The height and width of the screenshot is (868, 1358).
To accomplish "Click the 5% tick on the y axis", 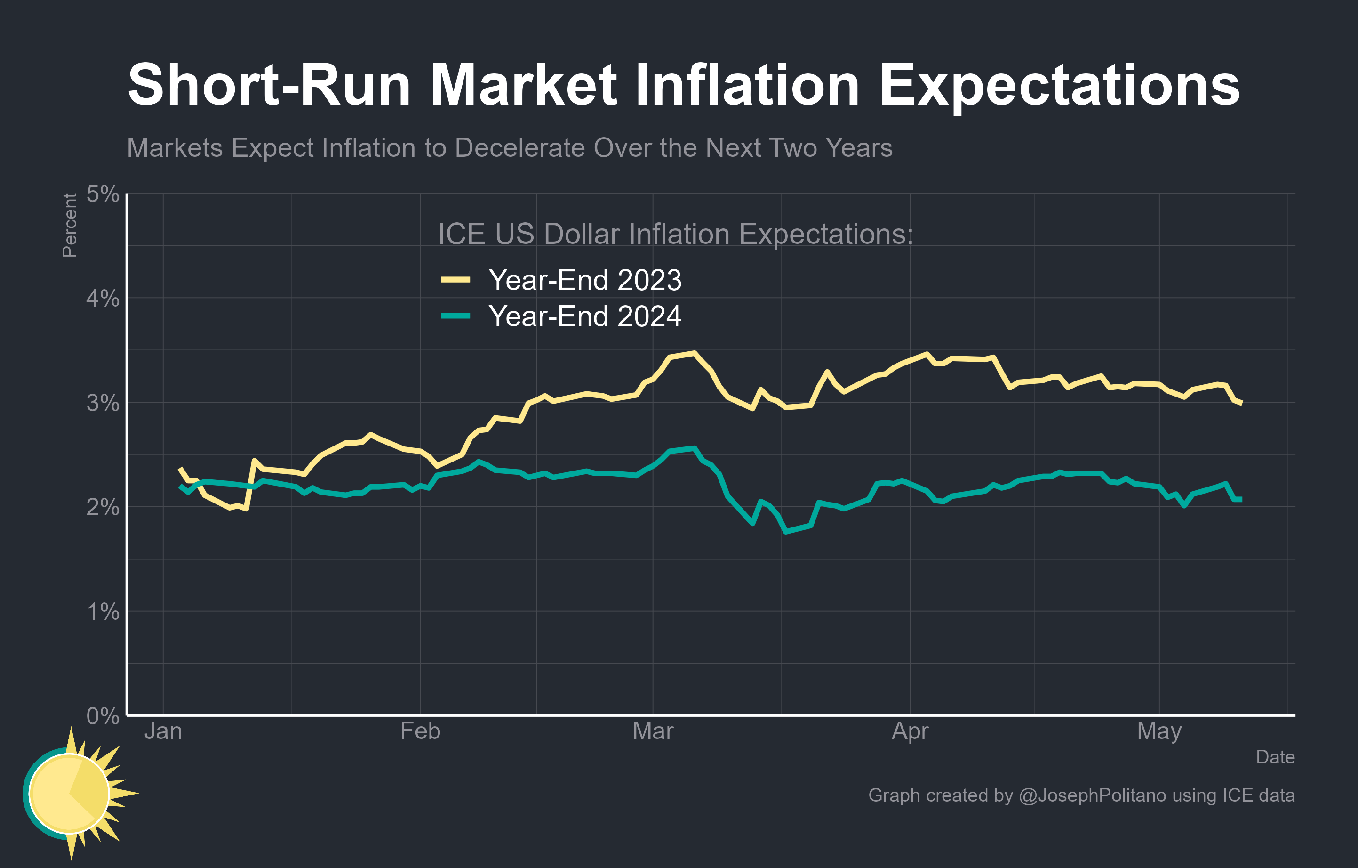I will coord(103,194).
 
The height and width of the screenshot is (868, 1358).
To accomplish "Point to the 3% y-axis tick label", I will coord(103,403).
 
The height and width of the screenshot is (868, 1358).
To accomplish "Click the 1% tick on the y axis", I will coord(103,612).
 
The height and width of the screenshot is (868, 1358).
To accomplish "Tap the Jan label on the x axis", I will coord(163,731).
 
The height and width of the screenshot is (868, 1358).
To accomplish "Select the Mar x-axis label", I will coord(653,731).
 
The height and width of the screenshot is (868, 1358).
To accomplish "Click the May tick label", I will coord(1159,731).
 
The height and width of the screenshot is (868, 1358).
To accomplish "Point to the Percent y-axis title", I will coord(69,225).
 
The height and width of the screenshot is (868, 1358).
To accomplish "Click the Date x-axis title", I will coord(1275,757).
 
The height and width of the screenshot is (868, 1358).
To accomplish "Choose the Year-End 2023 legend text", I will coord(585,280).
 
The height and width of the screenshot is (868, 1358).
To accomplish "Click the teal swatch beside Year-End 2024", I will coord(455,316).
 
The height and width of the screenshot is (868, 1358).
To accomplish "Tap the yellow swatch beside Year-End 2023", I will coord(455,279).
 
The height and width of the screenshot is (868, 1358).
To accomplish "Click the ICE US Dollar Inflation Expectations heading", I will coord(675,234).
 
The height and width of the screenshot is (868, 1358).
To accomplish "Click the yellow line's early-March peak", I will coord(694,353).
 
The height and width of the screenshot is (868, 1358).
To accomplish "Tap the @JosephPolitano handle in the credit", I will coord(1093,795).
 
